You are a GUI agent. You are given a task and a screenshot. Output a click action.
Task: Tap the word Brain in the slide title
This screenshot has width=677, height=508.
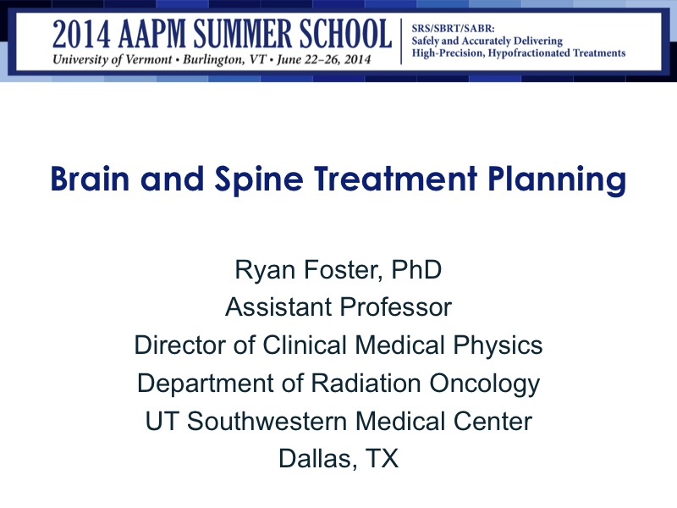(x=88, y=180)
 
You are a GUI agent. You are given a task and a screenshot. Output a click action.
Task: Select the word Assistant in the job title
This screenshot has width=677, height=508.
(x=279, y=307)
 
